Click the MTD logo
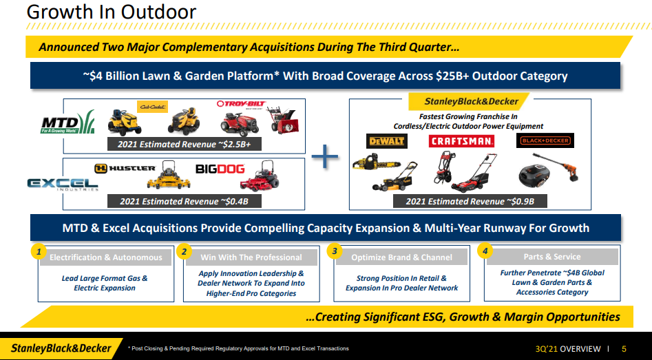(x=67, y=122)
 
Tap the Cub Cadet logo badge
(x=152, y=107)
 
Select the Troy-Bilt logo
(x=241, y=104)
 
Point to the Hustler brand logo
(x=125, y=169)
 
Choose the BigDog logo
(x=220, y=169)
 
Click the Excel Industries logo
(x=63, y=184)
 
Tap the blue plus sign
(x=325, y=157)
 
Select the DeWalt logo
(x=387, y=141)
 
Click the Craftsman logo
(x=461, y=141)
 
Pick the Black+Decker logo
(x=545, y=140)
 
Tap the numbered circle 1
(x=39, y=251)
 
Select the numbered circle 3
(x=335, y=251)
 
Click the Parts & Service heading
(x=551, y=257)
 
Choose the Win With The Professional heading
(x=251, y=257)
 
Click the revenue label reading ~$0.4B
(x=185, y=201)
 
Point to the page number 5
(x=624, y=349)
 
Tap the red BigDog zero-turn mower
(x=260, y=176)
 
